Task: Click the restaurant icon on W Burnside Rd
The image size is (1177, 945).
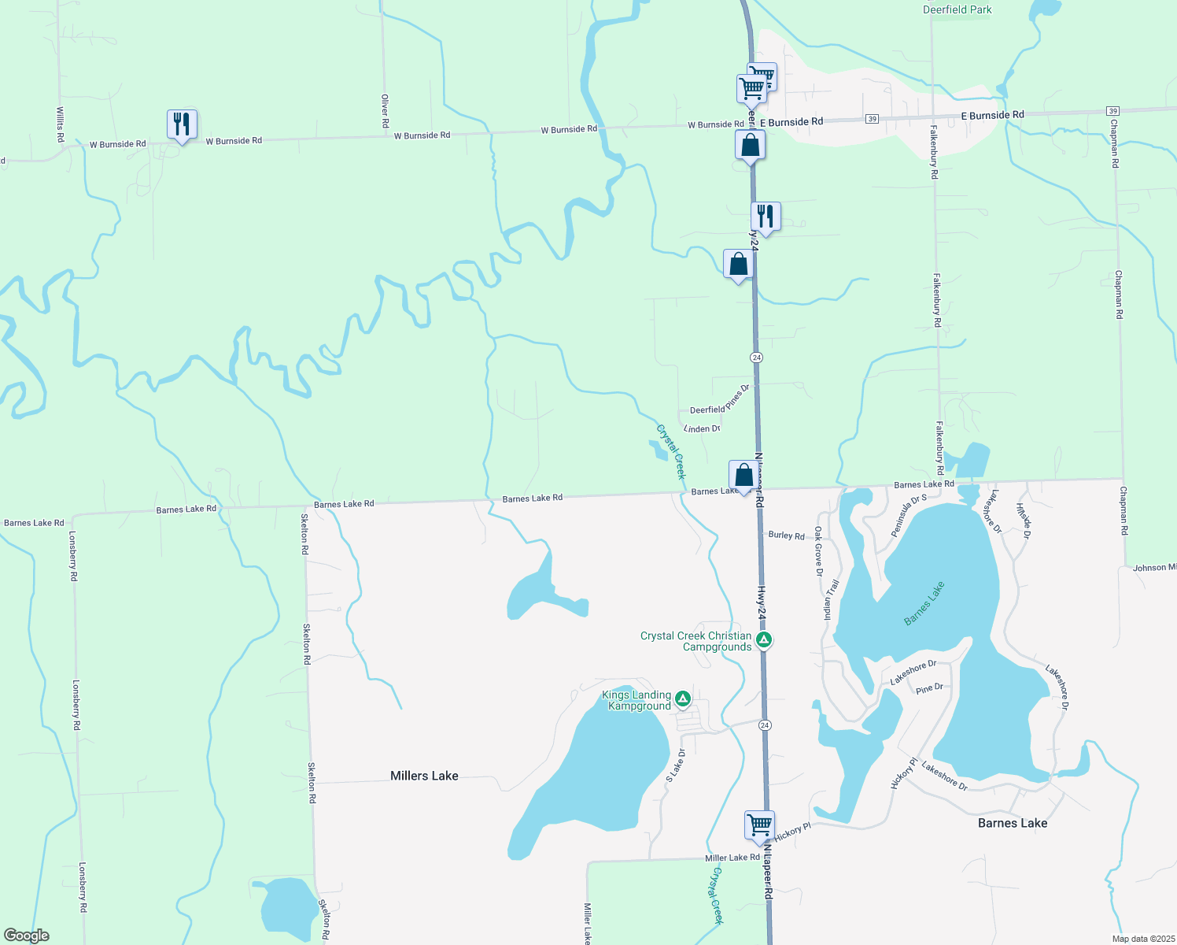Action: point(182,125)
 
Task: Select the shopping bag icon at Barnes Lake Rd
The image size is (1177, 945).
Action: point(743,476)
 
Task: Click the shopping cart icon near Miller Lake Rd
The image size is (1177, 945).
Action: point(759,826)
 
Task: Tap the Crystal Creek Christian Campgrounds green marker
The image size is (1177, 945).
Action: point(763,639)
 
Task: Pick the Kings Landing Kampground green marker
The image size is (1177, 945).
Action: point(683,699)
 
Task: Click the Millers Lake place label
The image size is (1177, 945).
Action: point(424,776)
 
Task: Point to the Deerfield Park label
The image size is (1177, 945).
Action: point(957,9)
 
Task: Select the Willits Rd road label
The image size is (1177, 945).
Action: point(60,124)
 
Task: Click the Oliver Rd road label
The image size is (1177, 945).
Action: point(385,111)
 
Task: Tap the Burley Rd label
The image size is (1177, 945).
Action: point(786,535)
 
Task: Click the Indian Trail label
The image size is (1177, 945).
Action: point(832,599)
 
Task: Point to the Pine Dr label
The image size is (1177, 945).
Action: point(929,688)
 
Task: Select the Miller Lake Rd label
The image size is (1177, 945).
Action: point(732,858)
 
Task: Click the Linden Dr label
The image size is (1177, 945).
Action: point(702,428)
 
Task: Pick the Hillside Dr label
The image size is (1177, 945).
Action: point(1023,521)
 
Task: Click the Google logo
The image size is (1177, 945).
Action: point(27,936)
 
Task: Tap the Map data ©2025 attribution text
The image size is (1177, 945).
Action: point(1142,939)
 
